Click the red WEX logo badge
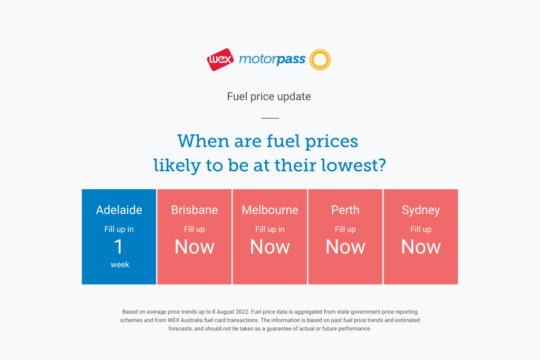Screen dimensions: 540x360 coord(220,60)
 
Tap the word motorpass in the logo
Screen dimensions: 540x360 coord(272,59)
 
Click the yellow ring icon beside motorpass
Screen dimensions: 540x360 coord(320,60)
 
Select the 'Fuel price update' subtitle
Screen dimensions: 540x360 coord(269,96)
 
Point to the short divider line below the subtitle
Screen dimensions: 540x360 coord(270,118)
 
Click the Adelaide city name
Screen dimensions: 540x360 coord(119,210)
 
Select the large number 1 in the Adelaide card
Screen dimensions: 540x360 coord(119,247)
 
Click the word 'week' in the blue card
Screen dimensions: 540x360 coord(120,265)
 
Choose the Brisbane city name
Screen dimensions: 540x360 coord(195,210)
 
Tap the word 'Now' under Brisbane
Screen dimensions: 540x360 coord(195,247)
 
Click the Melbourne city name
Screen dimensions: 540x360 coord(270,210)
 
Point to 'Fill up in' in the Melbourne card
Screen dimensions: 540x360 coord(270,229)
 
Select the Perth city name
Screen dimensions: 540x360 coord(345,210)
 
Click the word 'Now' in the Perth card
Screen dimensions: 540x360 coord(345,247)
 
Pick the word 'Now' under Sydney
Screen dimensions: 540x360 coord(421,247)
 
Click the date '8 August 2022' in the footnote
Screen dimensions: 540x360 coord(230,312)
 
